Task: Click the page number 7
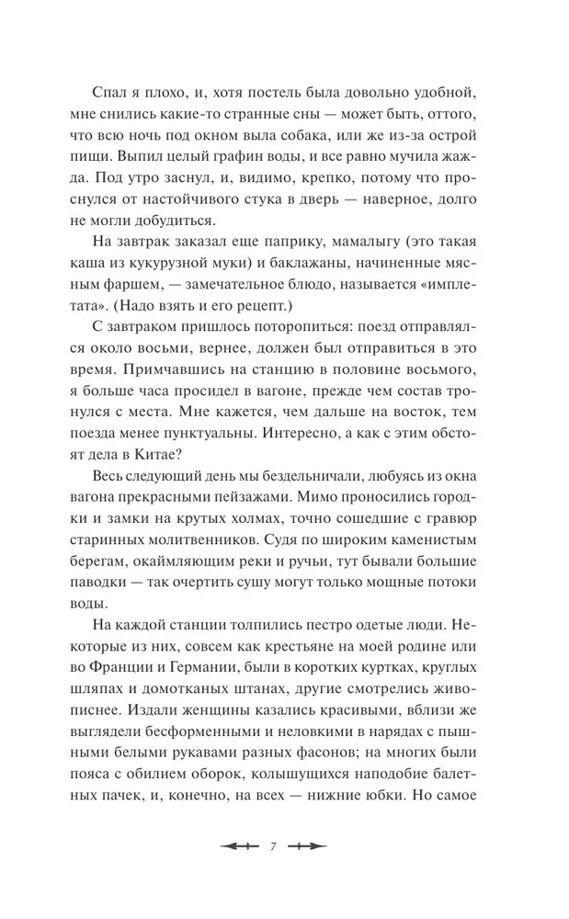coord(274,847)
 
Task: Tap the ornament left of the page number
coord(238,847)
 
